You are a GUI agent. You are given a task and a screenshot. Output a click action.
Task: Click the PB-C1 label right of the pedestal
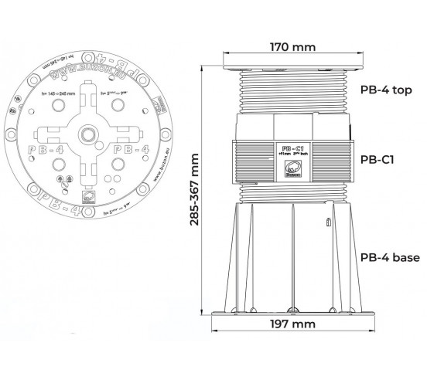(x=379, y=160)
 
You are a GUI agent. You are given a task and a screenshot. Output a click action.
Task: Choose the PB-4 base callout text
(x=390, y=257)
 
